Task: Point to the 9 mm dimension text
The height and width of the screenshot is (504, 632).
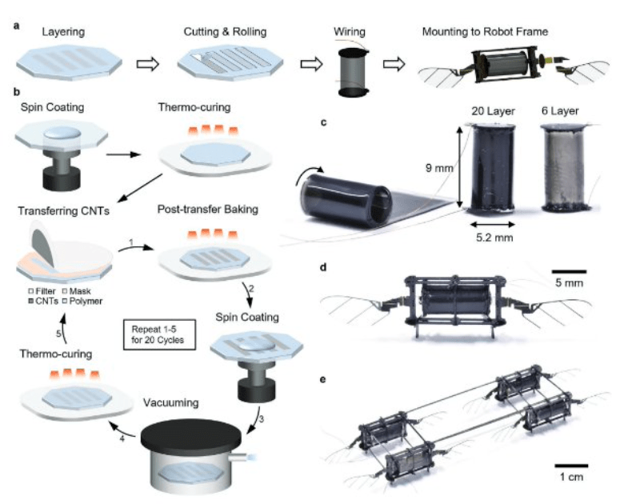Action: (x=439, y=168)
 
